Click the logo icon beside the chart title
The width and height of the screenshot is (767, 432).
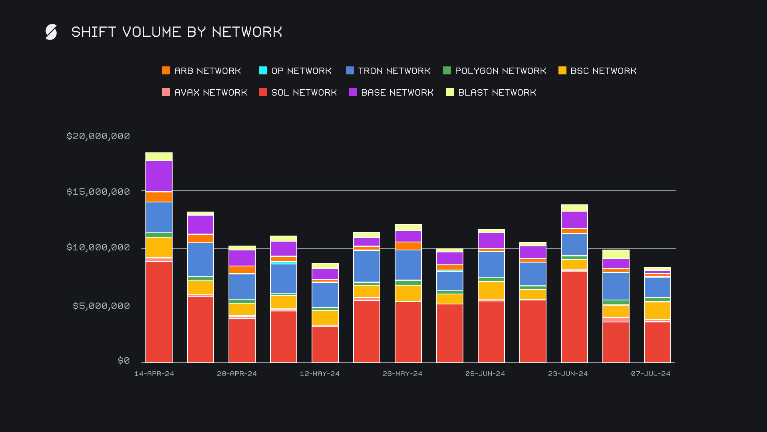click(51, 32)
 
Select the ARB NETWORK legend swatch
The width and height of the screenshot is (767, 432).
click(166, 71)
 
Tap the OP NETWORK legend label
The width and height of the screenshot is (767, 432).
click(301, 71)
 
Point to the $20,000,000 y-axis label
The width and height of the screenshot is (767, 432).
click(98, 136)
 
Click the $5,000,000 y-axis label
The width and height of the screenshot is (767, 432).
click(101, 306)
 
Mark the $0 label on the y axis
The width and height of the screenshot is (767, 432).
click(124, 361)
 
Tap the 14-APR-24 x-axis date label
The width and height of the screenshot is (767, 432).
click(154, 374)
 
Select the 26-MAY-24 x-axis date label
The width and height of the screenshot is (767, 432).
click(402, 374)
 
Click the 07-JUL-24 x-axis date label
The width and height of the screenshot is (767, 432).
click(651, 374)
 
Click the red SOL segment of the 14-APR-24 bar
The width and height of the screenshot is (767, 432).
click(159, 312)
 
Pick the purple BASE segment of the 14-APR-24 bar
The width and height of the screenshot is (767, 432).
click(159, 176)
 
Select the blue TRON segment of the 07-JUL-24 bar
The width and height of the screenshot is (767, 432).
click(658, 287)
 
